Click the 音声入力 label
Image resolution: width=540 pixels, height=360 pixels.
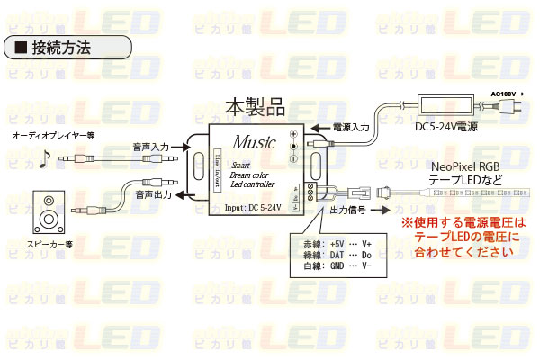coord(151,147)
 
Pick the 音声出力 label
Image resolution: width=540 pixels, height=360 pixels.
coord(151,193)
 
